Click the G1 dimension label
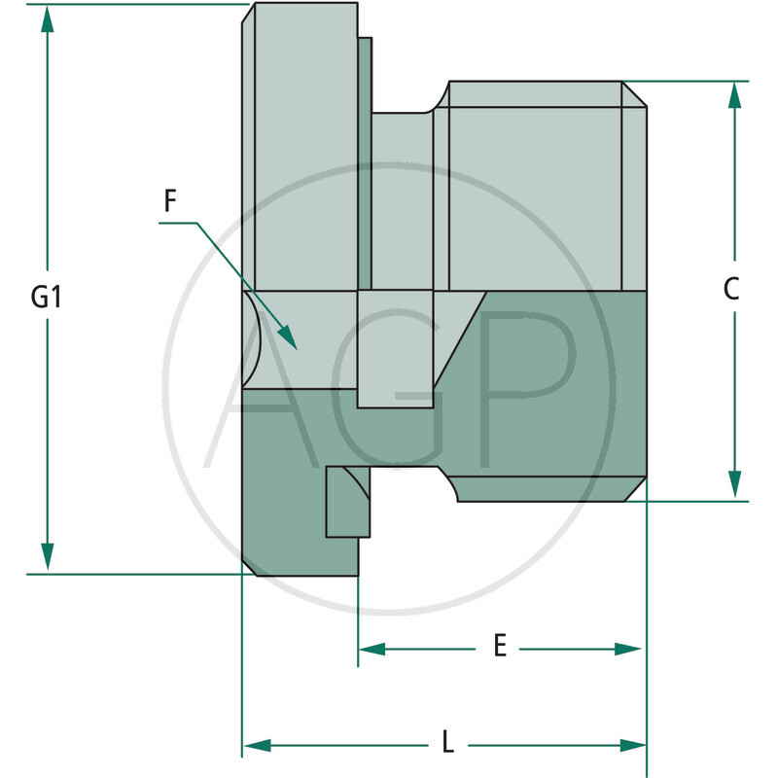46,297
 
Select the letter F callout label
170,201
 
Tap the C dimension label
732,289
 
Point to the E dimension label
499,647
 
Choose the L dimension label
447,744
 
